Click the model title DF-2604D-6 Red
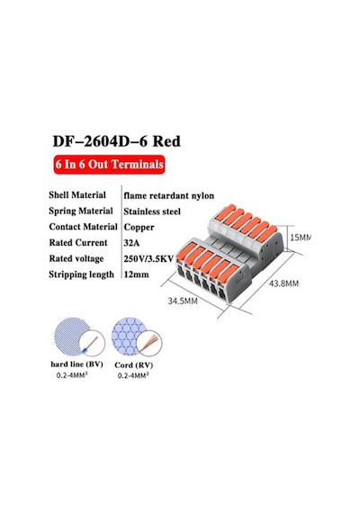coord(116,141)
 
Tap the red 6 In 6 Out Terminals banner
coord(109,164)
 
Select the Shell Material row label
coord(77,195)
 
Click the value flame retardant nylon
coord(169,195)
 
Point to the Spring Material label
coord(81,211)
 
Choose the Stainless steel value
coord(152,211)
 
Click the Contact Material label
coord(83,227)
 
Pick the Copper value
coord(139,228)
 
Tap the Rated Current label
coord(78,242)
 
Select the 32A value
coord(131,243)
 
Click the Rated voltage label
coord(76,258)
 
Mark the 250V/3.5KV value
coord(148,259)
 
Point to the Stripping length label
coord(82,274)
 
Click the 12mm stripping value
coord(137,274)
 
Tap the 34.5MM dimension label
coord(183,301)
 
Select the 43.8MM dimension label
coord(283,283)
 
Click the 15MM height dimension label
coord(300,238)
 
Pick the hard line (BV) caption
coord(76,364)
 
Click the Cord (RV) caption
coord(134,365)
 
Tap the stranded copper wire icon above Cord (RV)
coord(150,343)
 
